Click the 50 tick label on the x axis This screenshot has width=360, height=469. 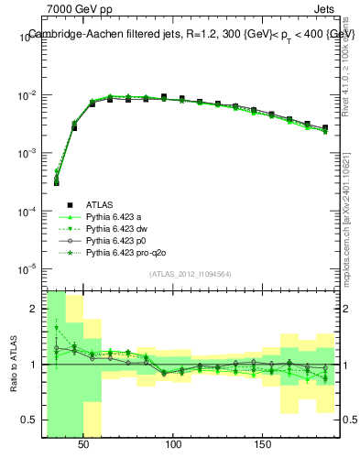[84, 444]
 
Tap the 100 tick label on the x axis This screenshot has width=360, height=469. [173, 444]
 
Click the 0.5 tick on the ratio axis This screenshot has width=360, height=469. [29, 420]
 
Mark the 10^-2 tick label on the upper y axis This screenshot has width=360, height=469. [27, 95]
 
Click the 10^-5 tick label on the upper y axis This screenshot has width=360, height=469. [27, 269]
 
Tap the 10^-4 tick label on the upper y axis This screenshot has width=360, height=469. [27, 212]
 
